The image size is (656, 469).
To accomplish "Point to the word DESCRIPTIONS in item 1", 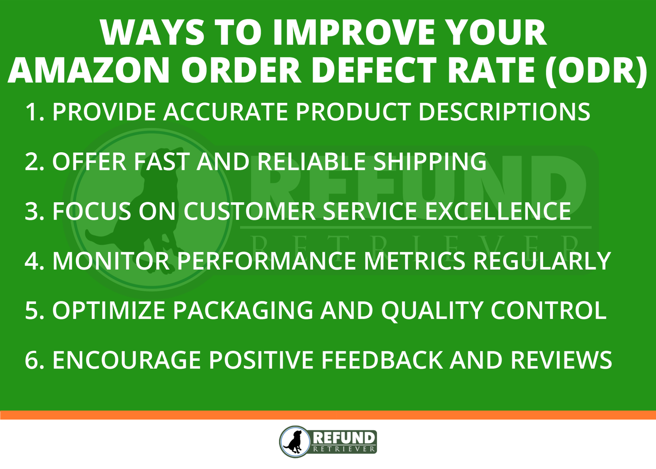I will click(x=504, y=112).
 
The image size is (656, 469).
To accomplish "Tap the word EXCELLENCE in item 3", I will click(x=498, y=212).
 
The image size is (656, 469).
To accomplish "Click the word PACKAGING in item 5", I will click(x=243, y=311).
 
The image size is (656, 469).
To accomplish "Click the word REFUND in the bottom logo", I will click(x=343, y=438).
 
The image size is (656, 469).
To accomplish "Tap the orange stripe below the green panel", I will click(x=328, y=415).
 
